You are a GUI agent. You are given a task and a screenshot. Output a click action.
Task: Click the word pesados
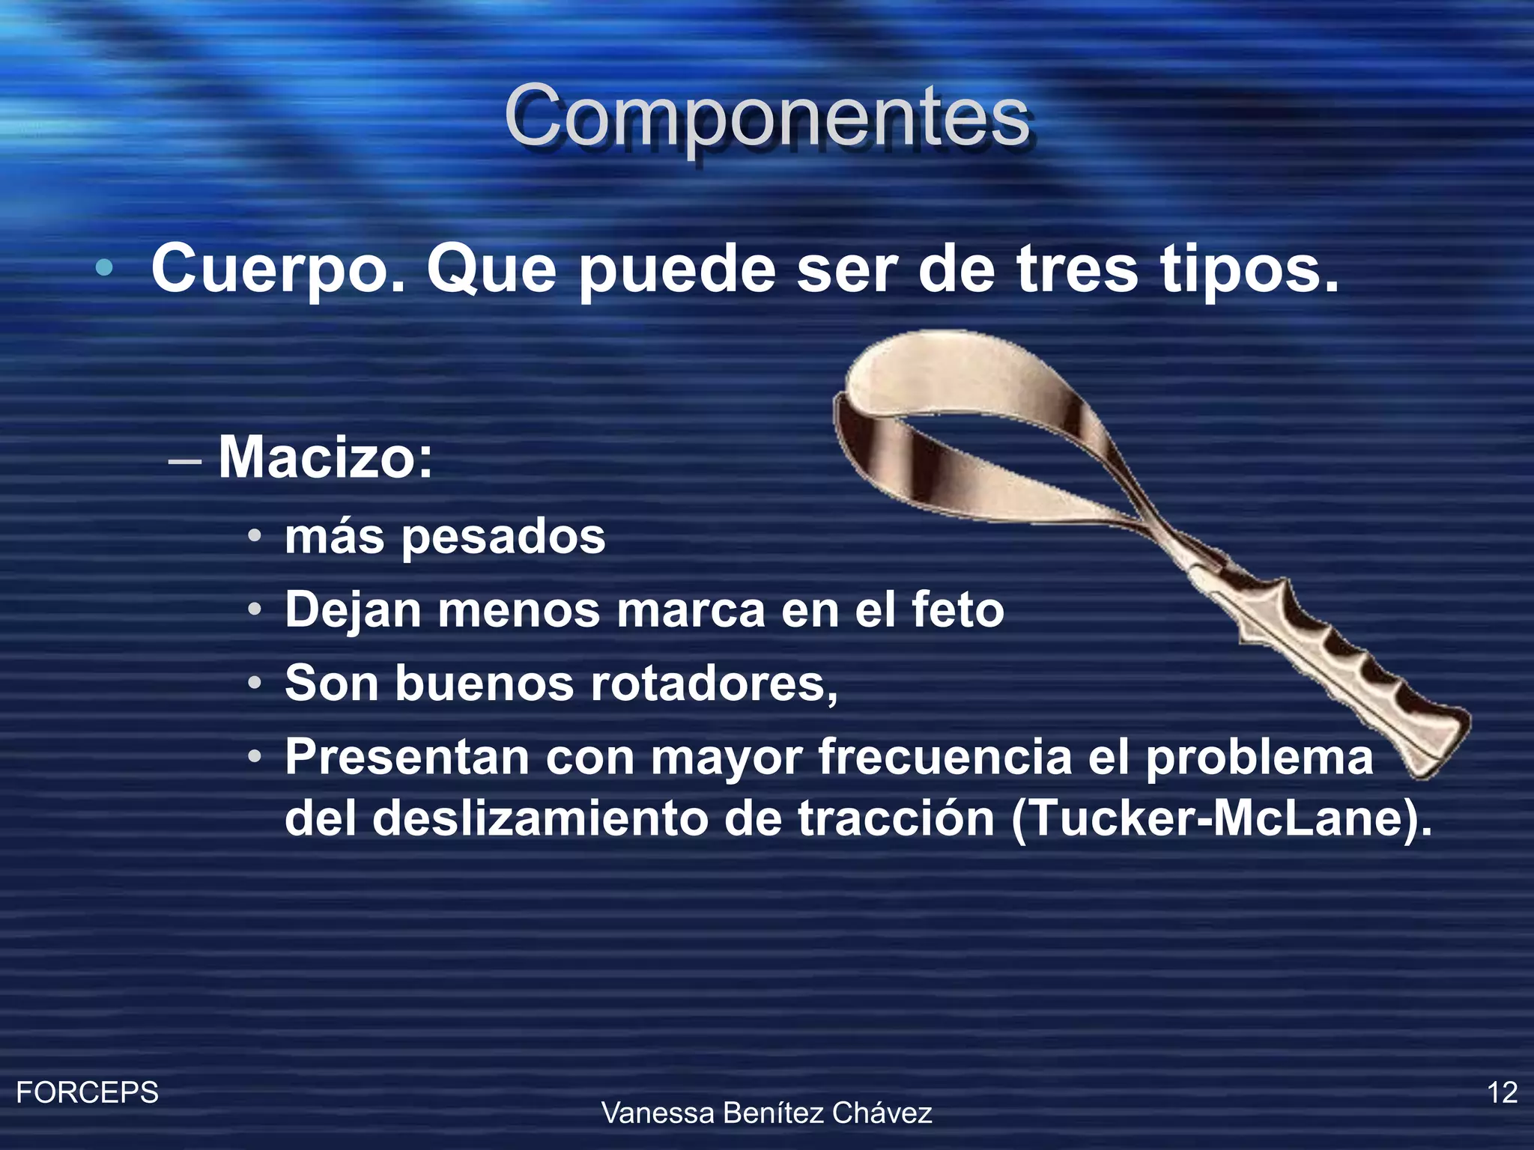[x=503, y=538]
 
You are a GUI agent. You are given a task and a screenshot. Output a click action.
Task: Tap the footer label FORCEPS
[x=87, y=1092]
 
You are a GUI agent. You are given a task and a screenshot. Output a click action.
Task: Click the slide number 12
[x=1502, y=1092]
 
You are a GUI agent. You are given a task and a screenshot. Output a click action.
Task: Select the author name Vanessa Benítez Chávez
[x=767, y=1113]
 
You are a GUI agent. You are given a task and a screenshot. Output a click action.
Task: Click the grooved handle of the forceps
[x=1341, y=659]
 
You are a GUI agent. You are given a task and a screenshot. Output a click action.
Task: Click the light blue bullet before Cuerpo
[x=105, y=267]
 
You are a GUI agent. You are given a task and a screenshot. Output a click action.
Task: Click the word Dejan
[x=353, y=609]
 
